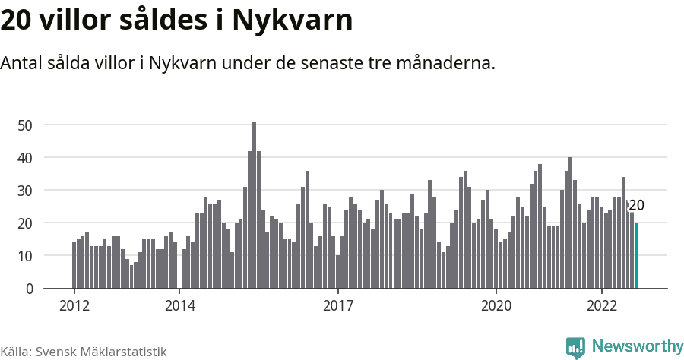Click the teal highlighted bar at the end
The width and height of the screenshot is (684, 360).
pos(636,255)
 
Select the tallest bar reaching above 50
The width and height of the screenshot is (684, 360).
pos(254,205)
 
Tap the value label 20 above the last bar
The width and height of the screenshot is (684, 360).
pos(637,205)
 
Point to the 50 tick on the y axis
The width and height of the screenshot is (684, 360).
pos(27,125)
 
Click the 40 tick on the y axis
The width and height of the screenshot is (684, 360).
pos(27,157)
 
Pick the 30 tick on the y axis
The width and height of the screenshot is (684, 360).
pos(27,190)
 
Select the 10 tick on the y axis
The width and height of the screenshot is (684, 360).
pos(27,256)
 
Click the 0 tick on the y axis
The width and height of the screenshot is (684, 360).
pos(30,289)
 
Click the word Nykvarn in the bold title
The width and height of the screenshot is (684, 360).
pos(292,21)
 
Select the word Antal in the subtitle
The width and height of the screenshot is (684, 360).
pos(23,63)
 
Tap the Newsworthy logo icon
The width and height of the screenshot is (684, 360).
pos(575,348)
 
